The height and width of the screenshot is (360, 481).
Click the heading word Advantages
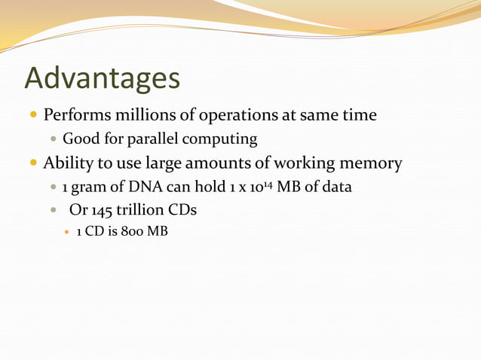coord(102,79)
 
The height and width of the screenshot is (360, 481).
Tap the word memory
coord(367,163)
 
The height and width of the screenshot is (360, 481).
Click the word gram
coord(87,187)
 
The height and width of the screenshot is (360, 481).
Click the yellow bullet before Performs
coord(32,117)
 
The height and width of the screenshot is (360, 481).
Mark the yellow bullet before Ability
coord(32,163)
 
